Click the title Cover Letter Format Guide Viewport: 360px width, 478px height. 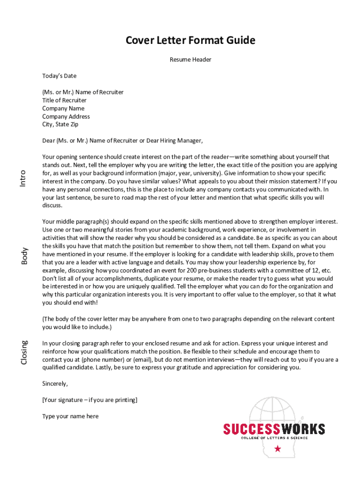tap(190, 41)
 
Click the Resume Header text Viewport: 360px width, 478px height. tap(190, 60)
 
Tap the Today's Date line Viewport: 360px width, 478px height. tap(59, 76)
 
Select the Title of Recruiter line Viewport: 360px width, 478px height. tap(65, 100)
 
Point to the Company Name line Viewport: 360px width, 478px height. tap(64, 108)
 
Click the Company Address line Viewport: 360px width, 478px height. tap(66, 117)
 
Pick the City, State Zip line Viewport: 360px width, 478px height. tap(60, 125)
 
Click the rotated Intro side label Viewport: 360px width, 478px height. tap(23, 179)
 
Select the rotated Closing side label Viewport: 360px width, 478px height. tap(24, 352)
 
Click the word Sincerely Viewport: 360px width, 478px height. tap(55, 384)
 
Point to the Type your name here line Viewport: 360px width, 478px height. tap(71, 416)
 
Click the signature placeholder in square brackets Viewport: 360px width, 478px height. tap(90, 400)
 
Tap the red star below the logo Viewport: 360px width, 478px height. tap(278, 449)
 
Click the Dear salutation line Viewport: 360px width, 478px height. tap(123, 141)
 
